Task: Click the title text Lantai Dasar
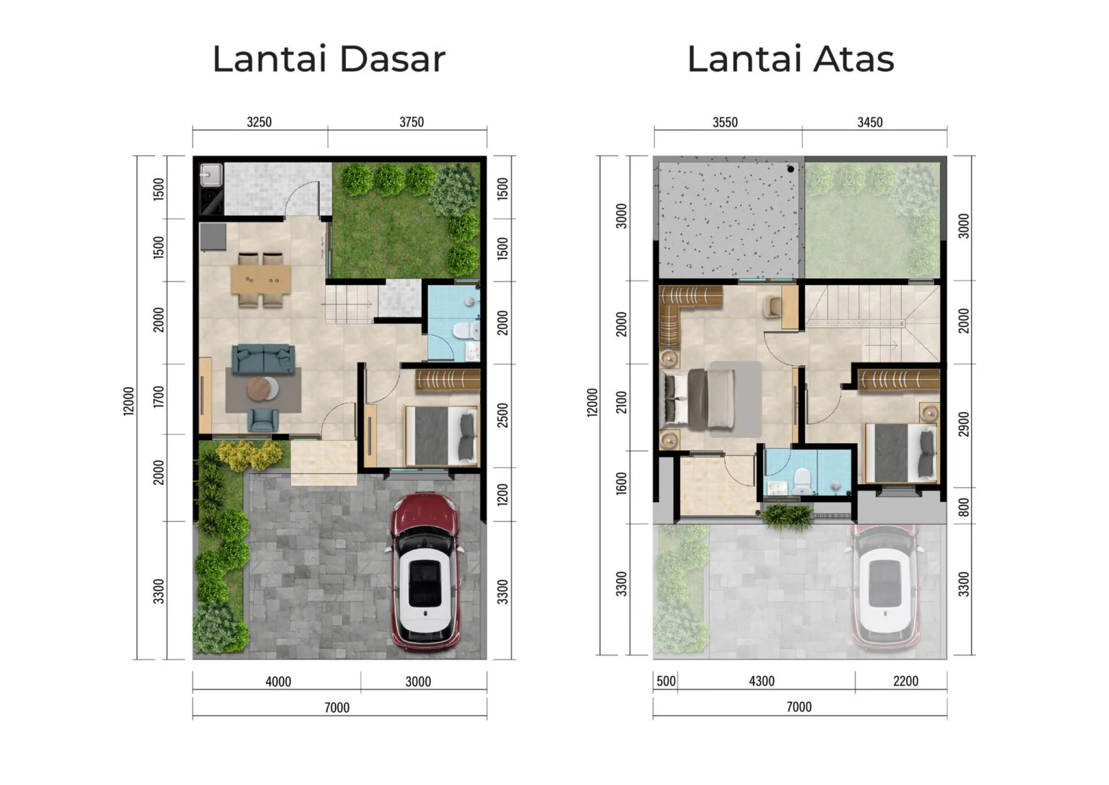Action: [329, 59]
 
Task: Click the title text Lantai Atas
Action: [791, 59]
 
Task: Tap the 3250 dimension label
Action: [259, 122]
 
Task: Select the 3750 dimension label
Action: [412, 122]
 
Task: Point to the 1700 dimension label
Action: [159, 397]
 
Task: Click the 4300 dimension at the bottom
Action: [762, 681]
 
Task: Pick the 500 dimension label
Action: [666, 681]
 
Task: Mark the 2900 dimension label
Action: [964, 425]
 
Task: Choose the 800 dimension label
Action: [964, 507]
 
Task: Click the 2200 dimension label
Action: [905, 681]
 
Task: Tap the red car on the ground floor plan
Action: [425, 571]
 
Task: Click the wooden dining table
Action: [261, 280]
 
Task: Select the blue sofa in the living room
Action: [263, 358]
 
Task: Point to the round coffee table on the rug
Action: [261, 388]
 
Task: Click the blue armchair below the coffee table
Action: [263, 420]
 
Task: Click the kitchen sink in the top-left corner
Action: [211, 175]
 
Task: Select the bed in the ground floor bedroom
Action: [441, 436]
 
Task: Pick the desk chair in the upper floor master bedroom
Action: [771, 306]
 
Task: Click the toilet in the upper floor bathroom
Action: [801, 481]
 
